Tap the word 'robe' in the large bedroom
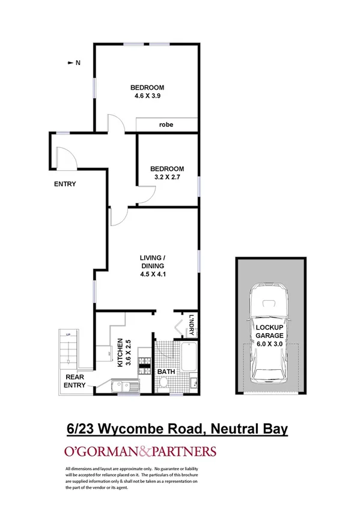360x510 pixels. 166,125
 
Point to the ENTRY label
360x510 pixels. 65,184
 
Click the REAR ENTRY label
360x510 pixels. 76,381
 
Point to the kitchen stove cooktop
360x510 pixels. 144,363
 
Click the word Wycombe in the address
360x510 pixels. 133,429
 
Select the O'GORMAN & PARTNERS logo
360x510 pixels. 139,452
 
